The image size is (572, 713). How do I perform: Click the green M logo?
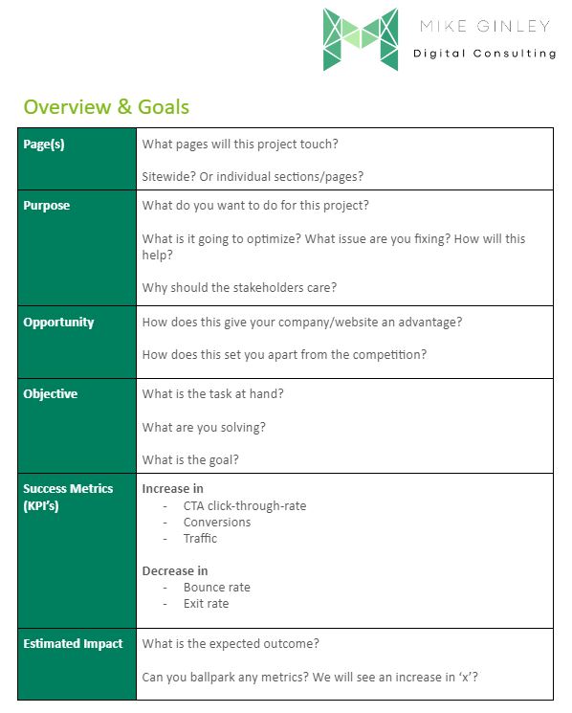(360, 39)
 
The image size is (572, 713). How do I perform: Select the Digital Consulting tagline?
(484, 54)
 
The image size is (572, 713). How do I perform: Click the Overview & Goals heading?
(106, 106)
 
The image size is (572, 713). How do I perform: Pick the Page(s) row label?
(44, 145)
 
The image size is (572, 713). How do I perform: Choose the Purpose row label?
(47, 206)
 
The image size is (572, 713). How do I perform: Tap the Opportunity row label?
(58, 323)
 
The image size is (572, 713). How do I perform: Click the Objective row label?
(50, 394)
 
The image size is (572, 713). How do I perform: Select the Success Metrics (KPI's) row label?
(68, 497)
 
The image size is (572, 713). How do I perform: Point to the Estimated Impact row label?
(73, 644)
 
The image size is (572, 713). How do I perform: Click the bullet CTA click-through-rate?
(245, 505)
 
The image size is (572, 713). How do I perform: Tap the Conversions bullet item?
(217, 522)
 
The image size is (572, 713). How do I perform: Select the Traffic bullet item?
(200, 538)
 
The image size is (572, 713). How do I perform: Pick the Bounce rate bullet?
(217, 588)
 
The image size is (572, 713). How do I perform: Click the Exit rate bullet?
(207, 604)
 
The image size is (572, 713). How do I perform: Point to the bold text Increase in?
(172, 489)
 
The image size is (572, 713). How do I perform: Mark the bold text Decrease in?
(175, 571)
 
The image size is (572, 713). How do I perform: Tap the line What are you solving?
(204, 427)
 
